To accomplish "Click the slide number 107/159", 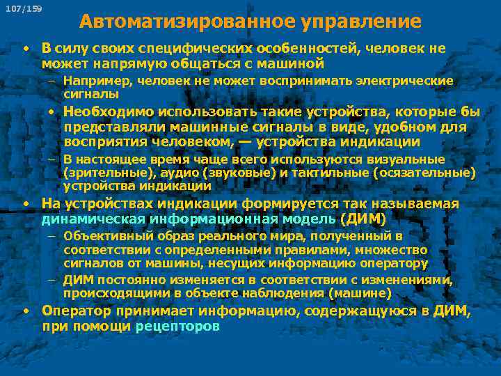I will click(x=23, y=8).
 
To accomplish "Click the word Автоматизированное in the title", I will click(x=186, y=22).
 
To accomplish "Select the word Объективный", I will click(x=105, y=237).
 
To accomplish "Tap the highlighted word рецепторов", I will click(x=177, y=326).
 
